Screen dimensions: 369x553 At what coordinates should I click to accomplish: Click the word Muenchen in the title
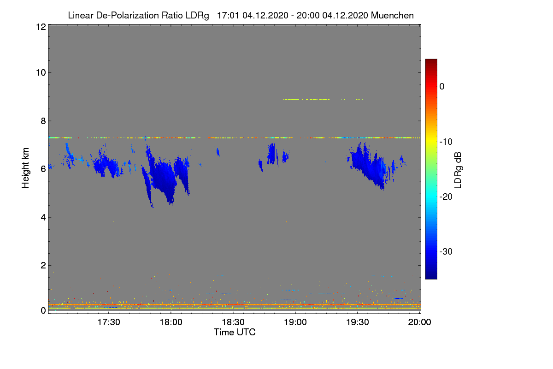click(392, 15)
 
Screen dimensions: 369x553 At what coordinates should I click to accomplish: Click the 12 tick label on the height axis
click(40, 27)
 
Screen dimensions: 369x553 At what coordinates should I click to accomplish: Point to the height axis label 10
click(40, 72)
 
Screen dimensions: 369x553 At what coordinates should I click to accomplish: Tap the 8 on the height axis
click(42, 121)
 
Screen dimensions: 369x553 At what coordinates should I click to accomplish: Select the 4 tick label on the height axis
click(42, 217)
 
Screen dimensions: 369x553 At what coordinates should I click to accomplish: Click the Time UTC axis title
click(235, 332)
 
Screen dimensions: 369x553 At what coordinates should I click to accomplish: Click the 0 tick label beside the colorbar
click(442, 87)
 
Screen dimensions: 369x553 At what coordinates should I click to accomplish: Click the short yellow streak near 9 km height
click(306, 100)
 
